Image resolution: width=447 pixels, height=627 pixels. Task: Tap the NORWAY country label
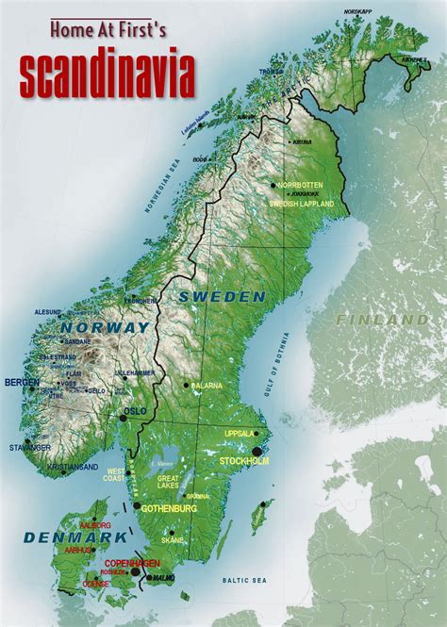(105, 328)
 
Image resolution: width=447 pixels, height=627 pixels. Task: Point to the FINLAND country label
(382, 321)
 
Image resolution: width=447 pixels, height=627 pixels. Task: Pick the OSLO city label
(136, 410)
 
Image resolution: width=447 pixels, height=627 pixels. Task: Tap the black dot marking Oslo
(123, 413)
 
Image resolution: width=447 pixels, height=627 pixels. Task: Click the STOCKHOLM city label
(244, 461)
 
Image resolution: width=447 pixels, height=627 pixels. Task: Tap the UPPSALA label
(239, 434)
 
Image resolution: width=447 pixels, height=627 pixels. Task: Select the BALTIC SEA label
(242, 579)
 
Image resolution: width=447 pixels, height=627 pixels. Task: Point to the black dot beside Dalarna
(186, 385)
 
